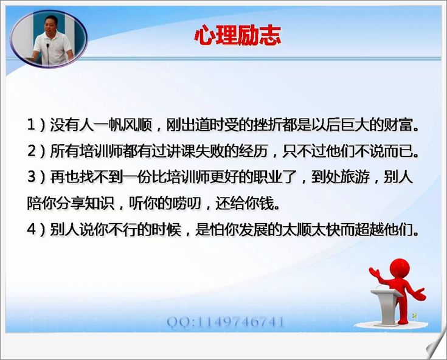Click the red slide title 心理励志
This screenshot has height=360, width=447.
237,35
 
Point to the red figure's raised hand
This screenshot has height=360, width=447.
374,273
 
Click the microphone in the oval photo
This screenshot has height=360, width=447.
47,53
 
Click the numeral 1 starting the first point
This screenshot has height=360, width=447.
32,125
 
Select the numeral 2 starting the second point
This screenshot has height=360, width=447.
32,151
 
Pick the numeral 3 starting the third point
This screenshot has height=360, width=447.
32,177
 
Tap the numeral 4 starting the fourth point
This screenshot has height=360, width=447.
32,229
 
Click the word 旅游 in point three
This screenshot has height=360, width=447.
355,177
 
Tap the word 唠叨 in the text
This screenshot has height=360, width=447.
187,203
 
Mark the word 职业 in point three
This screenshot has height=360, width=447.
268,177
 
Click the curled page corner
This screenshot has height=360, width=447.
435,346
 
